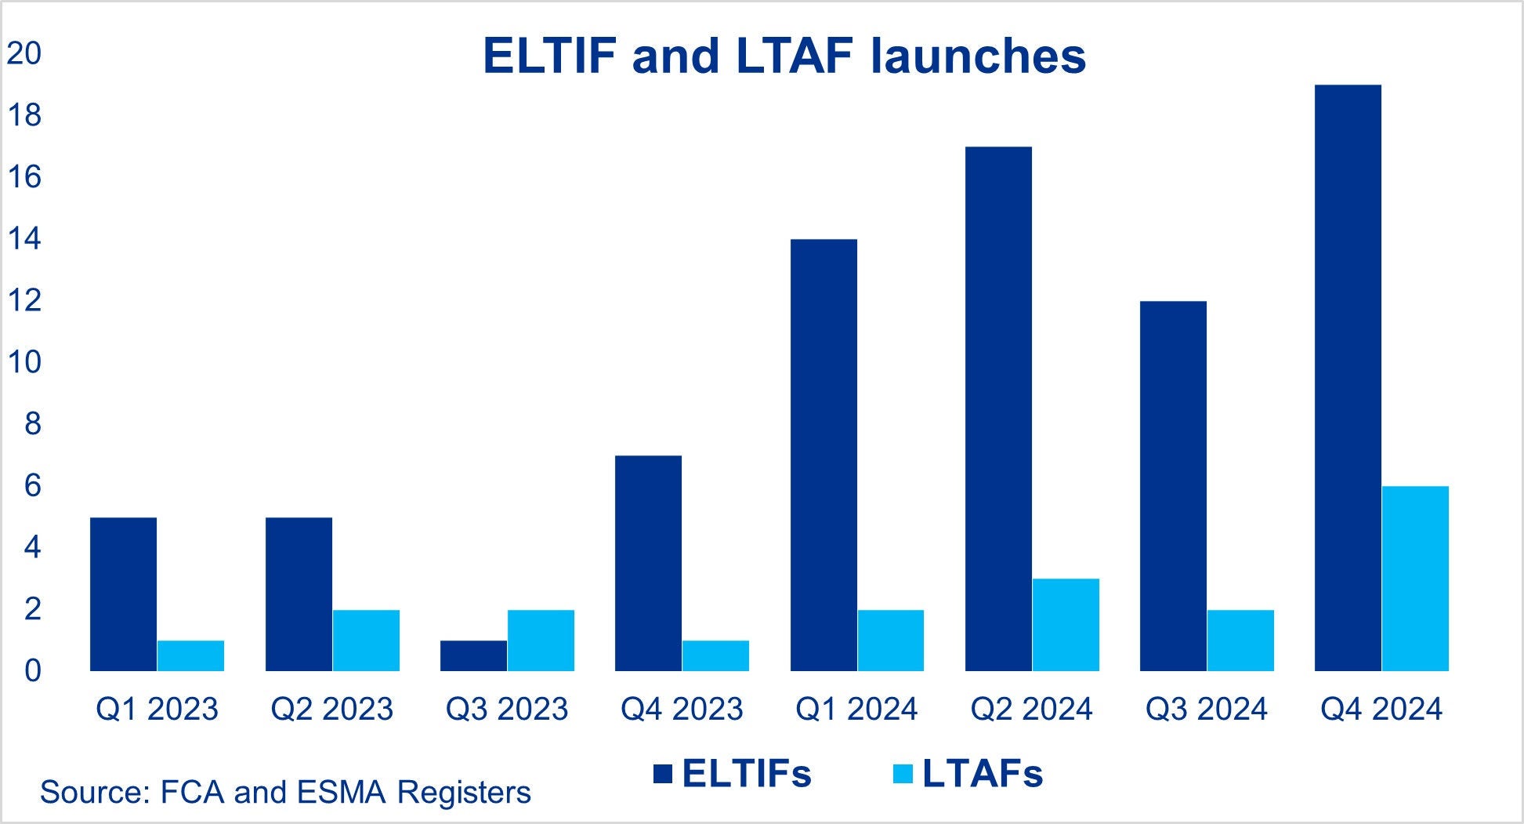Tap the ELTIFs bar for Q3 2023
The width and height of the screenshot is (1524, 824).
tap(473, 655)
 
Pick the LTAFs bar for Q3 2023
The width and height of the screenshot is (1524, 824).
tap(541, 641)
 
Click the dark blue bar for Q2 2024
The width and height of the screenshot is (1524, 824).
tap(998, 408)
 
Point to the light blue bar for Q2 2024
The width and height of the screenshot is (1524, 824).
tap(1066, 625)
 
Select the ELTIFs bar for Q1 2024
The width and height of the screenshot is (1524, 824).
tap(824, 455)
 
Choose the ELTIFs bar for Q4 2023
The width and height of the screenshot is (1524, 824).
tap(648, 563)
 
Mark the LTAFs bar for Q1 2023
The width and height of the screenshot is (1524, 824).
tap(190, 655)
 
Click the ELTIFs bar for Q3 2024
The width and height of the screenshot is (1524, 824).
tap(1173, 486)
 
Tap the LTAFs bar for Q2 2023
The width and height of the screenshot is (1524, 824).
tap(366, 641)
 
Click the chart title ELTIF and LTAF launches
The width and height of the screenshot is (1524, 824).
tap(784, 56)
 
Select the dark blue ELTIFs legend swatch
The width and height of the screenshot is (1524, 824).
tap(663, 775)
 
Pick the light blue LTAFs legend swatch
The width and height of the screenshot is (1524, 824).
tap(903, 775)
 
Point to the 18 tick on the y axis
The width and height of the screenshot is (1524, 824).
tap(23, 116)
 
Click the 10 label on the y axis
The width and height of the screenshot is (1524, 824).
tap(23, 362)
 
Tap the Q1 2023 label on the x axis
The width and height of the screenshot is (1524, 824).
tap(157, 709)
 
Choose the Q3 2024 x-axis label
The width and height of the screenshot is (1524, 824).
tap(1206, 709)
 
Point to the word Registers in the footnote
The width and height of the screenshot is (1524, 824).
tap(464, 792)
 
